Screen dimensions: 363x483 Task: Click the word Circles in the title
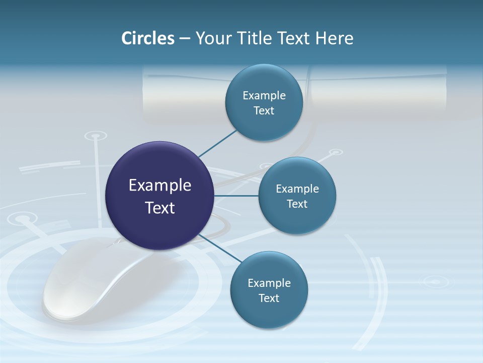[x=147, y=38]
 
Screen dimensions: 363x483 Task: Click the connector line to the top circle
[x=218, y=143]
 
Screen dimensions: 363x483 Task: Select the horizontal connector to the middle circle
[x=236, y=196]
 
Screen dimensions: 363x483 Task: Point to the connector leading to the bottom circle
[x=220, y=248]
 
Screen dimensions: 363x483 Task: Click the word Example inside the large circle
[x=160, y=186]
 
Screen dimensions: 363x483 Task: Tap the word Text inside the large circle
[x=160, y=208]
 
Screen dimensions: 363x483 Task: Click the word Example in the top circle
[x=264, y=96]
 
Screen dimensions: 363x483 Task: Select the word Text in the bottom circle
[x=269, y=298]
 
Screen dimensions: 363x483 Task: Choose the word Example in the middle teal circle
[x=297, y=189]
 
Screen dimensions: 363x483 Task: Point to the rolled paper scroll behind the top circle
[x=377, y=93]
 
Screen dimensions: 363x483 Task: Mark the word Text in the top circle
[x=264, y=111]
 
